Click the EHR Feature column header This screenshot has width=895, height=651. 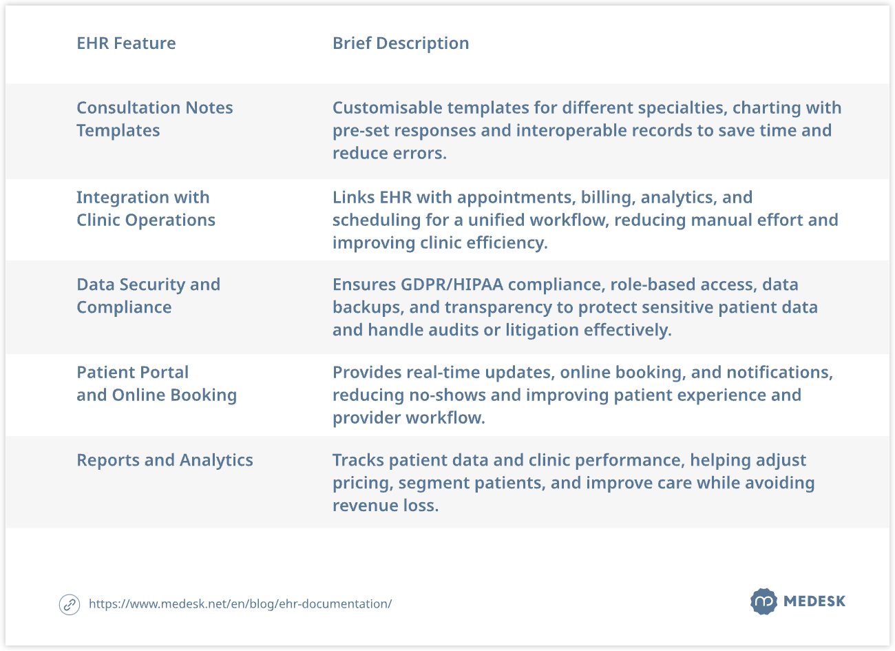click(x=126, y=43)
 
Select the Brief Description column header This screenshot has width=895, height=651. click(x=401, y=43)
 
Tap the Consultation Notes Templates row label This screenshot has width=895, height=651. click(x=154, y=119)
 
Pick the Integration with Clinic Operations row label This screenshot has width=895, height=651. click(x=145, y=209)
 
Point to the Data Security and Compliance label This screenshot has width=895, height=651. click(x=148, y=296)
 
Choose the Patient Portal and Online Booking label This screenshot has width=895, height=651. click(x=156, y=384)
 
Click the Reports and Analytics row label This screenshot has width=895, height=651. click(x=165, y=460)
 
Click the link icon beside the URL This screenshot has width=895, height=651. click(x=70, y=604)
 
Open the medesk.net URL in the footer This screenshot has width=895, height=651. click(x=240, y=604)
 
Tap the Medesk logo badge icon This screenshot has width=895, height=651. click(x=764, y=601)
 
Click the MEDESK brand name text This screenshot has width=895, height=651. click(x=814, y=601)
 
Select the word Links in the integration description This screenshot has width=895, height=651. click(x=353, y=198)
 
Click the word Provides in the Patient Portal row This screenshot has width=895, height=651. click(x=367, y=373)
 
